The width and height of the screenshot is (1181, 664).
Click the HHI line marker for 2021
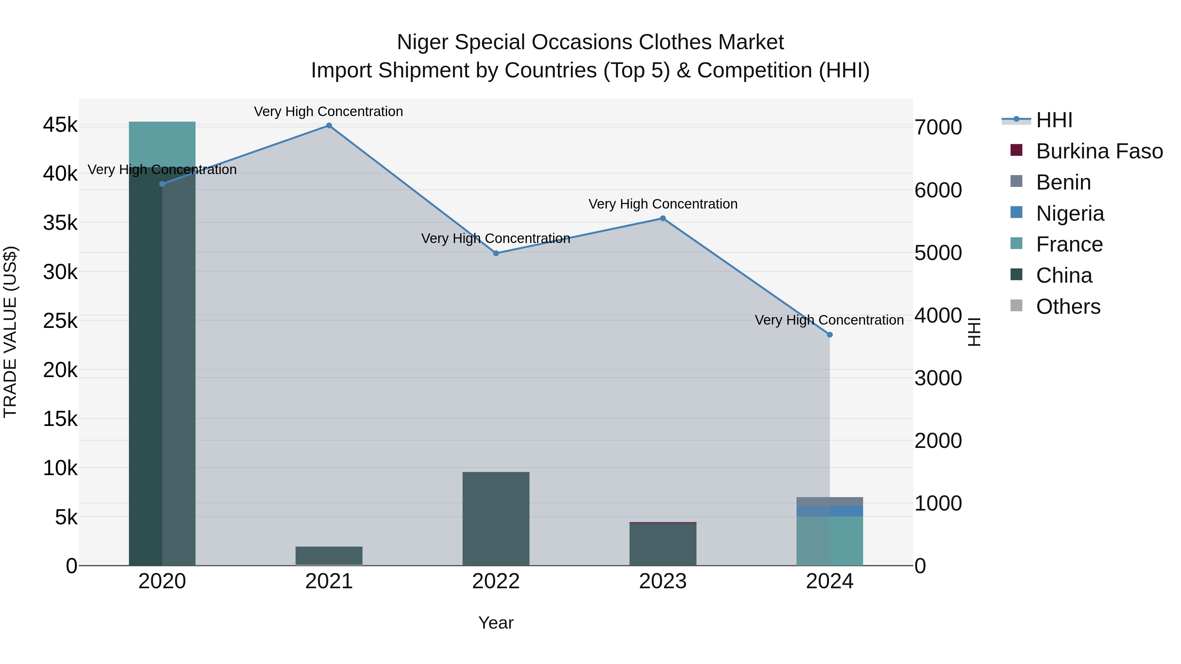329,126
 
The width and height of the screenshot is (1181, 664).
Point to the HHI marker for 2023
662,219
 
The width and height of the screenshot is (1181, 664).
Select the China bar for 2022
496,518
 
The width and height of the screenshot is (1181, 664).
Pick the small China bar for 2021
329,555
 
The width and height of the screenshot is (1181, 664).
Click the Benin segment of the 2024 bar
829,501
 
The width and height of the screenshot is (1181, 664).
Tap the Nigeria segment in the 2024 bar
829,511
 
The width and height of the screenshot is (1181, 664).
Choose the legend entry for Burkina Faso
1099,151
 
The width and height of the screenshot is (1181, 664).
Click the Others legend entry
1068,307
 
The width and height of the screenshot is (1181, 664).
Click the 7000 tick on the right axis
938,128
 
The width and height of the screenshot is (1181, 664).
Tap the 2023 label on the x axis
662,581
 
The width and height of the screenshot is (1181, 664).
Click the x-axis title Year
496,623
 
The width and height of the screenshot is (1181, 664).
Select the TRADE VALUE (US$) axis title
10,332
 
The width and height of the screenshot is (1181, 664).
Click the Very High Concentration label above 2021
328,111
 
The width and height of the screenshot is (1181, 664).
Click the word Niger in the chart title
422,42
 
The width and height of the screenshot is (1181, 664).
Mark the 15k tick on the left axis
60,419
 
